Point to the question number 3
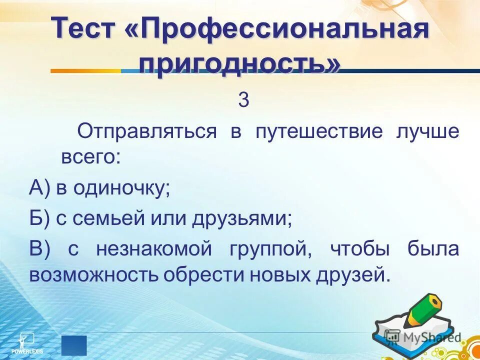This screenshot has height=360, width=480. tap(243, 100)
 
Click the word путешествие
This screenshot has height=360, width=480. tap(319, 132)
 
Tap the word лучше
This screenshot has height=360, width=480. tap(428, 132)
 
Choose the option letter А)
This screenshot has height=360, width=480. tap(40, 189)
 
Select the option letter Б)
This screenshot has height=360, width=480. tap(39, 218)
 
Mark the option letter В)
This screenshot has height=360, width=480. tap(39, 248)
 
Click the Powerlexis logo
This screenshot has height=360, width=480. tap(27, 342)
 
